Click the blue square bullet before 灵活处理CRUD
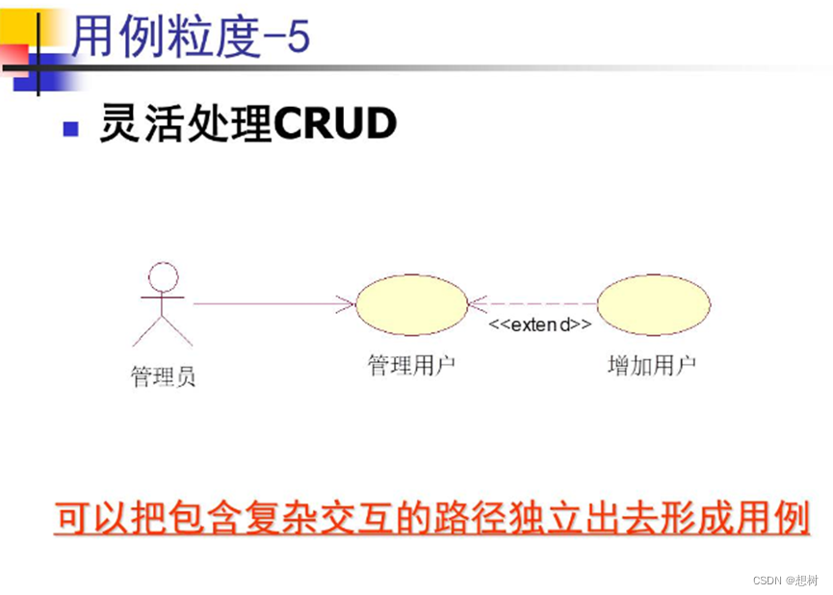click(x=70, y=128)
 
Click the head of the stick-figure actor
click(x=165, y=277)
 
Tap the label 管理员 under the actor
click(x=163, y=376)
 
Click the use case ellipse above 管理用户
click(x=411, y=304)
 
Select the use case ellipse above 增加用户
click(x=653, y=304)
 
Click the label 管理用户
click(x=411, y=366)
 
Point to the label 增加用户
click(x=652, y=366)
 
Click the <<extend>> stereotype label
click(x=540, y=324)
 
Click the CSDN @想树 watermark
click(x=785, y=580)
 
